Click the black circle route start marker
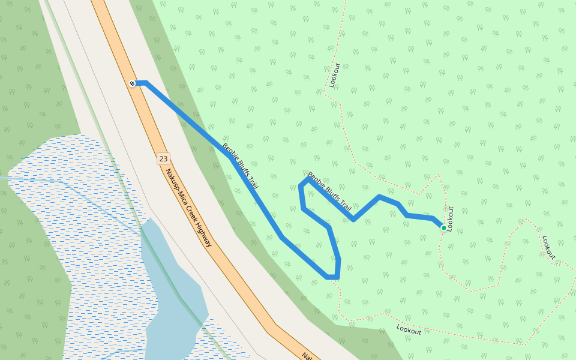coord(133,83)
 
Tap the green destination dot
coord(444,227)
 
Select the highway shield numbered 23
coord(163,159)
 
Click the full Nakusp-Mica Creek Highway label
coord(189,208)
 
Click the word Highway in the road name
coord(203,233)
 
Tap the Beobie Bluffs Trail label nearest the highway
coord(240,166)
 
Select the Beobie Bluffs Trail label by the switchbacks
coord(329,191)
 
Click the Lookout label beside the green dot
coord(451,219)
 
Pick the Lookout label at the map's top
coord(334,75)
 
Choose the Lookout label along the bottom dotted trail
coord(409,329)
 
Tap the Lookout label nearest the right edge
coord(549,247)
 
